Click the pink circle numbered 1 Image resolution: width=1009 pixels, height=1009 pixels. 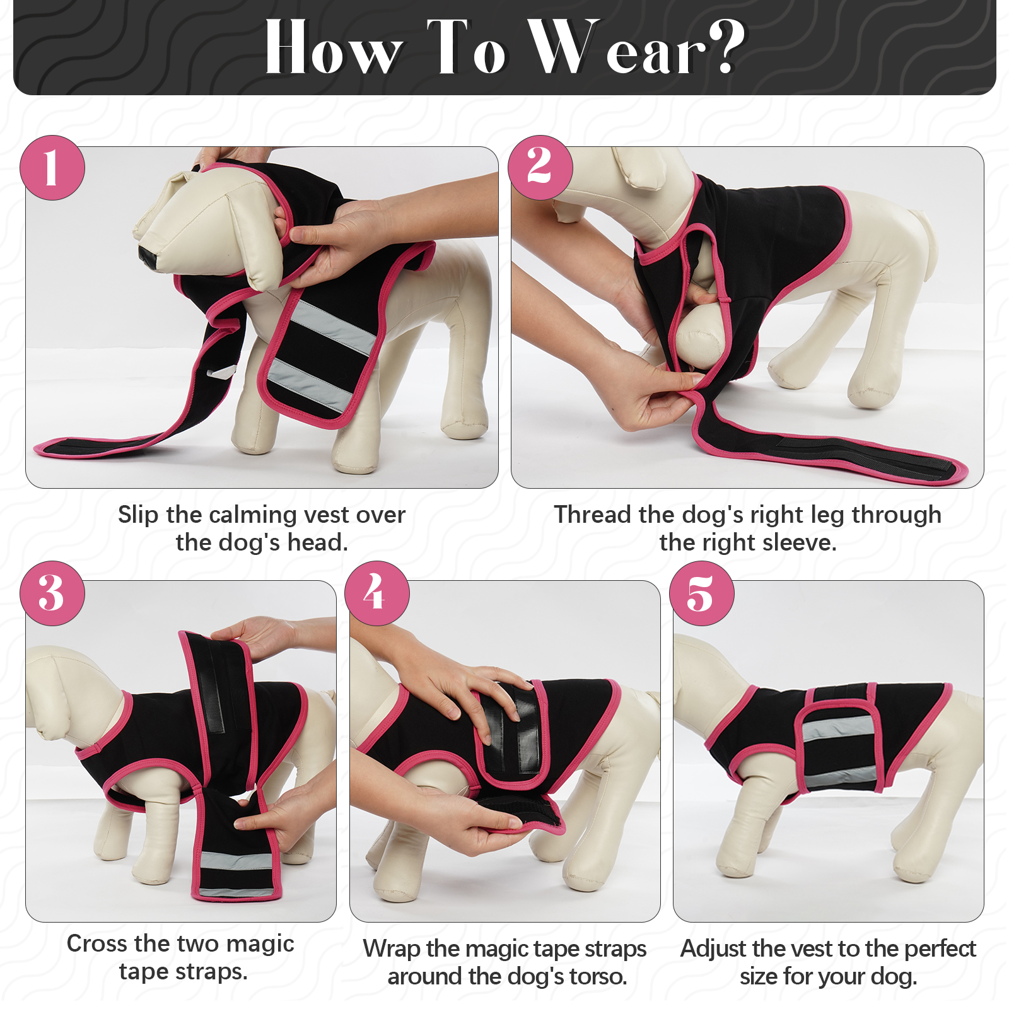click(x=52, y=168)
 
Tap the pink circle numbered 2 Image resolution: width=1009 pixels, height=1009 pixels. click(x=540, y=168)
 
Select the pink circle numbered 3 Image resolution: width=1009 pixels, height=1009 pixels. click(x=52, y=593)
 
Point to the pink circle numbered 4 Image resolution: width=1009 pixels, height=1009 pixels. click(x=377, y=593)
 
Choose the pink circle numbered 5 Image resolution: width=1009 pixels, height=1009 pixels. click(x=702, y=593)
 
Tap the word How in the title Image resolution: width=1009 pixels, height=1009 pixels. click(x=334, y=47)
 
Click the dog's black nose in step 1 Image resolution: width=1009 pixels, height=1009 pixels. click(x=149, y=256)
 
